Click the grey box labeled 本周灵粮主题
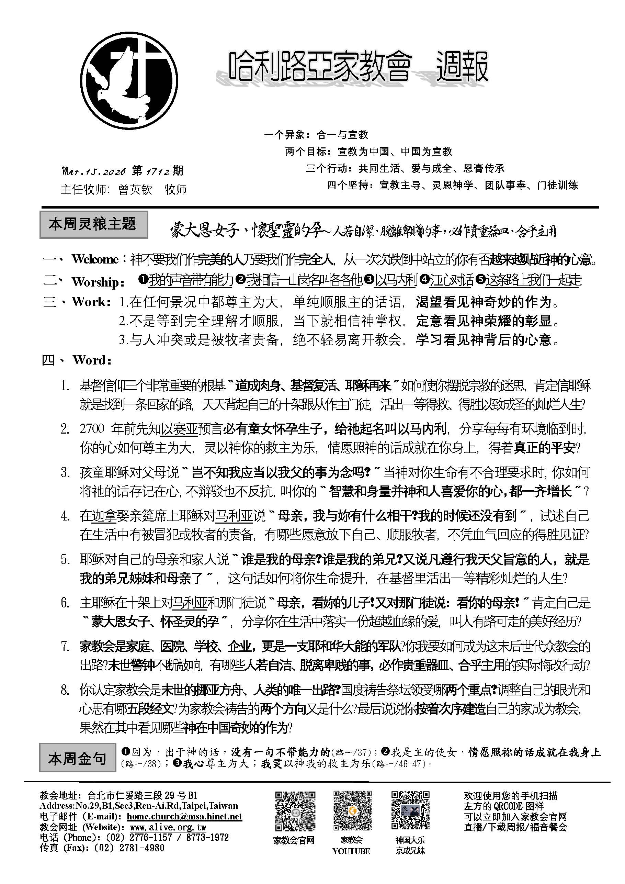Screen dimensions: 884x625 pos(93,224)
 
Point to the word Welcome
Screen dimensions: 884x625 pos(95,259)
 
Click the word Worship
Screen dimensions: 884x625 pos(96,282)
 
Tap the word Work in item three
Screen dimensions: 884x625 pos(89,302)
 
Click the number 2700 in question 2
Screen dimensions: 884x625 pos(92,428)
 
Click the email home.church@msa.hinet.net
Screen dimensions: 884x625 pos(184,817)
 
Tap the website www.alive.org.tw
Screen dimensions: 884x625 pos(168,827)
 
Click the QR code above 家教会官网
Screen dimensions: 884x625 pos(295,811)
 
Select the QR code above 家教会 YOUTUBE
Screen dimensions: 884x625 pos(352,811)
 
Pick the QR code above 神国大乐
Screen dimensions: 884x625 pos(410,811)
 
